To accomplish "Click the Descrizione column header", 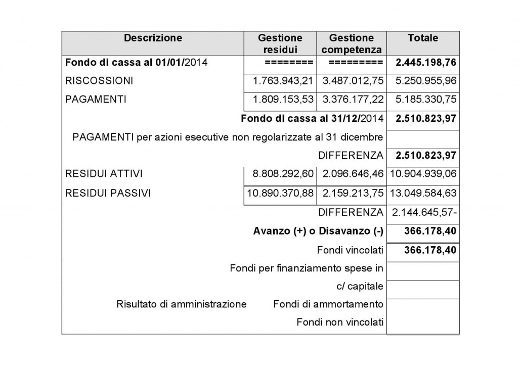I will pos(153,38).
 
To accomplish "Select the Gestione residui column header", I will pos(280,43).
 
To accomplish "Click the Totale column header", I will pos(422,38).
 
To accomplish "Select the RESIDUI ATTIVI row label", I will pos(104,174).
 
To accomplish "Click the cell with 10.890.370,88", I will pos(280,193).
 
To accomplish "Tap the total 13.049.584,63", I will pos(423,193).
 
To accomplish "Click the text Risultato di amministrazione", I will pos(181,304).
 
